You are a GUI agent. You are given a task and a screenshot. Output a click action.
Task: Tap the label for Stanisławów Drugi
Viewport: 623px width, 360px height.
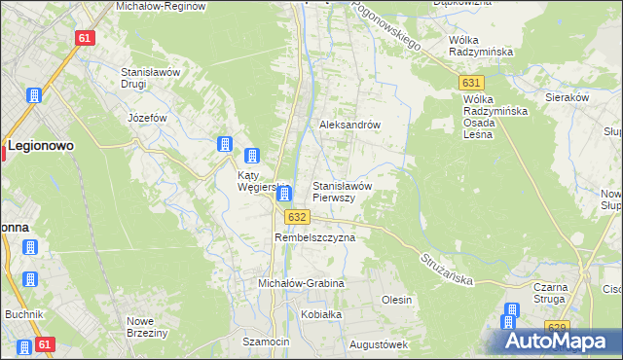click(147, 78)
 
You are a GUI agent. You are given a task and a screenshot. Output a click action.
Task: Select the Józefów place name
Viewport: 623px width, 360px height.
click(148, 118)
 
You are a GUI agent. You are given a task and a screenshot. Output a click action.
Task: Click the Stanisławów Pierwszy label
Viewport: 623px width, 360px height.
click(341, 191)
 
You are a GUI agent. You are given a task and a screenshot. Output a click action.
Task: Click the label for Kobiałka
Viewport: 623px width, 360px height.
click(320, 315)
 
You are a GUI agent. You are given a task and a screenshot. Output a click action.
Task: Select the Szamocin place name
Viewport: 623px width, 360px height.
click(266, 342)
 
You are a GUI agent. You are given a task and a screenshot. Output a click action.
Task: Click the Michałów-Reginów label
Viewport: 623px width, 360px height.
click(161, 6)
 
